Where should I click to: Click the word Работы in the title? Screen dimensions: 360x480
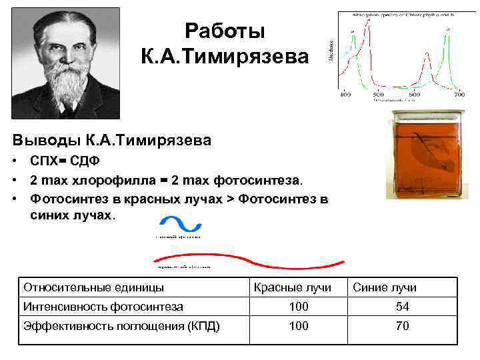point(225,31)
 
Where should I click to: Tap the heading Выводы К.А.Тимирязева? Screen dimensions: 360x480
point(112,140)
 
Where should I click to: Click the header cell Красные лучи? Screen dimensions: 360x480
point(298,287)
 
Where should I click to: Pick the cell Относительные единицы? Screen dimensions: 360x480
point(93,287)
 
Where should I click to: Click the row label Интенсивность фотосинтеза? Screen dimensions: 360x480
point(103,307)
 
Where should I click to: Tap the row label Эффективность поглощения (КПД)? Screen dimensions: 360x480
point(122,326)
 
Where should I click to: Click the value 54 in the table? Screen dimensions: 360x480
point(402,307)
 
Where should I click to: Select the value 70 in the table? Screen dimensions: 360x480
point(402,326)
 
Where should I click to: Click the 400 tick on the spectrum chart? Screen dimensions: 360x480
point(345,95)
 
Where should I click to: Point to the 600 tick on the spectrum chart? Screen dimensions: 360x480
point(414,95)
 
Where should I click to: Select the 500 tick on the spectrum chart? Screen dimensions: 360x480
point(379,95)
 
